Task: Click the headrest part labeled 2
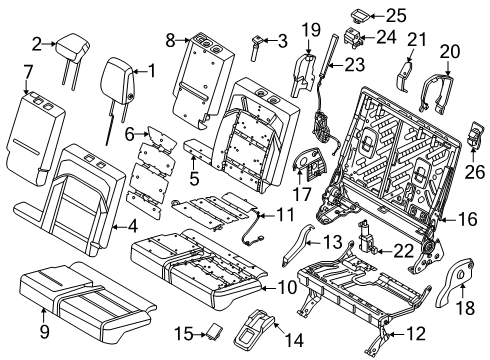point(72,47)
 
